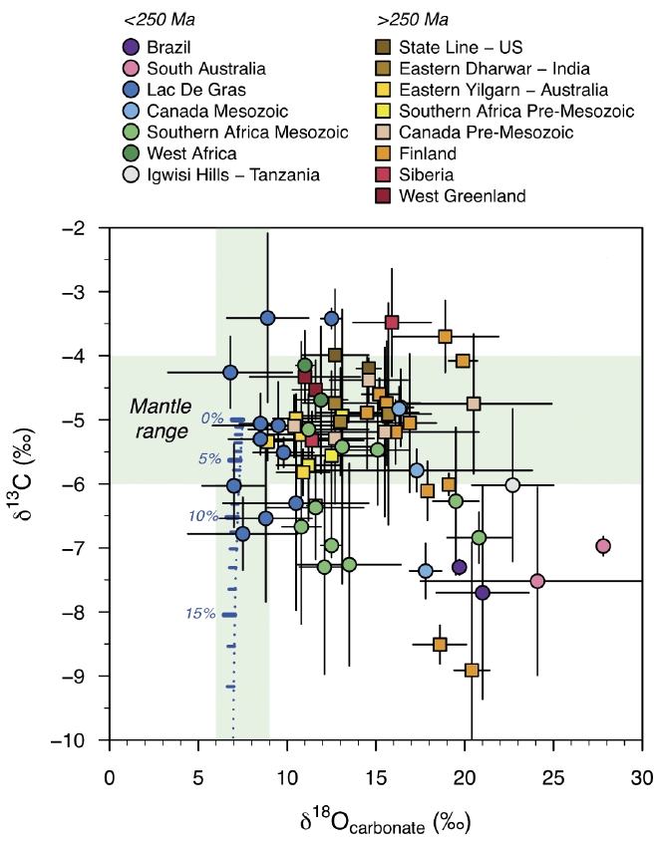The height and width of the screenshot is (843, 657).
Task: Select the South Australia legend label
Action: pyautogui.click(x=205, y=69)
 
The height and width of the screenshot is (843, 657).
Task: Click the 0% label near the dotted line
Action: pyautogui.click(x=211, y=419)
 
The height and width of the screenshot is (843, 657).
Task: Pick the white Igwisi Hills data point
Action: pyautogui.click(x=512, y=485)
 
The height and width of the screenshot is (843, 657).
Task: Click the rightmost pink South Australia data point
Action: pyautogui.click(x=602, y=546)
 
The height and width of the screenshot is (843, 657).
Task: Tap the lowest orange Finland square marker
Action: pyautogui.click(x=472, y=670)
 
